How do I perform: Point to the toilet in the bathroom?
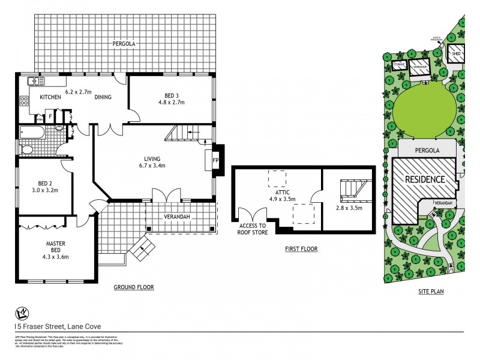point(27,148)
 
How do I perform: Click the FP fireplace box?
point(216,161)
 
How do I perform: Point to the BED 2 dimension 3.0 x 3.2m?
point(44,191)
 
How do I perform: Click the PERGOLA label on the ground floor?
point(122,44)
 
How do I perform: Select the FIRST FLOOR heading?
point(302,248)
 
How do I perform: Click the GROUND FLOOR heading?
point(134,287)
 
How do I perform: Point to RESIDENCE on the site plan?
point(424,179)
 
